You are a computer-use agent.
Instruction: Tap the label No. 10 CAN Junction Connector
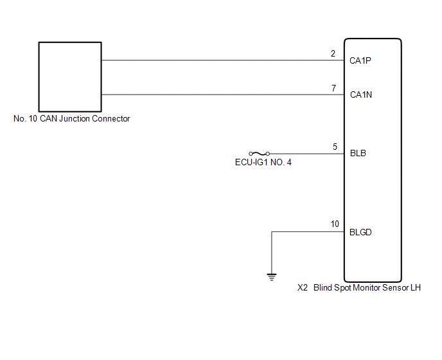pyautogui.click(x=71, y=118)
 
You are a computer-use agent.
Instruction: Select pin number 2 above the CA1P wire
pyautogui.click(x=333, y=53)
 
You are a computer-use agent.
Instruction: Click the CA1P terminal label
pyautogui.click(x=360, y=60)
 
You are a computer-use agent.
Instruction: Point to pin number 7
pyautogui.click(x=334, y=88)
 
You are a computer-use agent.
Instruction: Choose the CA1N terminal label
pyautogui.click(x=361, y=94)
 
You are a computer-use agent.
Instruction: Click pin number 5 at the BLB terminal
pyautogui.click(x=335, y=147)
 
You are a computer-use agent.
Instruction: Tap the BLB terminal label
pyautogui.click(x=358, y=153)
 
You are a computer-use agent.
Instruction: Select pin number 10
pyautogui.click(x=335, y=224)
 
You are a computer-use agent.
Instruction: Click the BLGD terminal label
pyautogui.click(x=360, y=232)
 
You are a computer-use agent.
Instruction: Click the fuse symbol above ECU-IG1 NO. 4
pyautogui.click(x=260, y=154)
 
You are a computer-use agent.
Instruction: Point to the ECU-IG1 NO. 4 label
pyautogui.click(x=263, y=163)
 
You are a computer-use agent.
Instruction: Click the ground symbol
pyautogui.click(x=272, y=277)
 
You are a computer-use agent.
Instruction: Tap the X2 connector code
pyautogui.click(x=303, y=288)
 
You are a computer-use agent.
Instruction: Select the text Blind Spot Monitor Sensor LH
pyautogui.click(x=367, y=288)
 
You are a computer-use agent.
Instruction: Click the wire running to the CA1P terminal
pyautogui.click(x=223, y=60)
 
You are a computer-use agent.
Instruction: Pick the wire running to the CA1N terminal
pyautogui.click(x=223, y=94)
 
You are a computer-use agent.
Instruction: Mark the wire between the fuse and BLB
pyautogui.click(x=307, y=154)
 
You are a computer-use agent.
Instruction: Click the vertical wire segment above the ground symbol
pyautogui.click(x=272, y=253)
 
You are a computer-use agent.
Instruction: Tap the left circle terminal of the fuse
pyautogui.click(x=251, y=154)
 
